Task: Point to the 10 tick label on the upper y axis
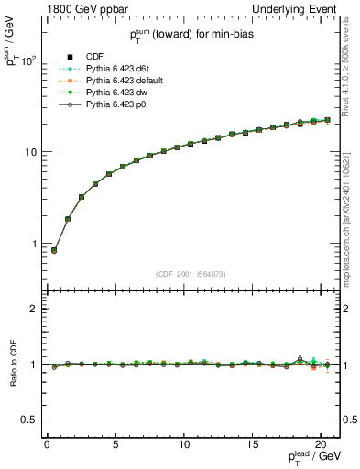(31, 152)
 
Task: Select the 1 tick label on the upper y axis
(34, 244)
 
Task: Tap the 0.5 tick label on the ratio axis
(31, 420)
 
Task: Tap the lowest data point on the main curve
(54, 250)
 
